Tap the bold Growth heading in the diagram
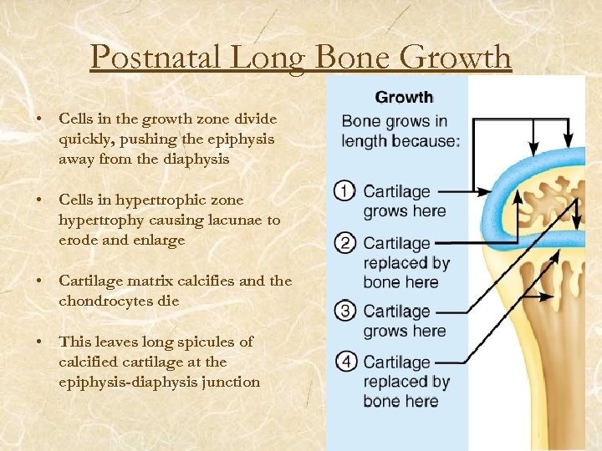403,98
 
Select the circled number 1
343,192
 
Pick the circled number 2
344,244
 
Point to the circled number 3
344,312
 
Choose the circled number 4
344,363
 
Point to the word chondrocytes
105,301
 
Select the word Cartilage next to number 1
396,192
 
